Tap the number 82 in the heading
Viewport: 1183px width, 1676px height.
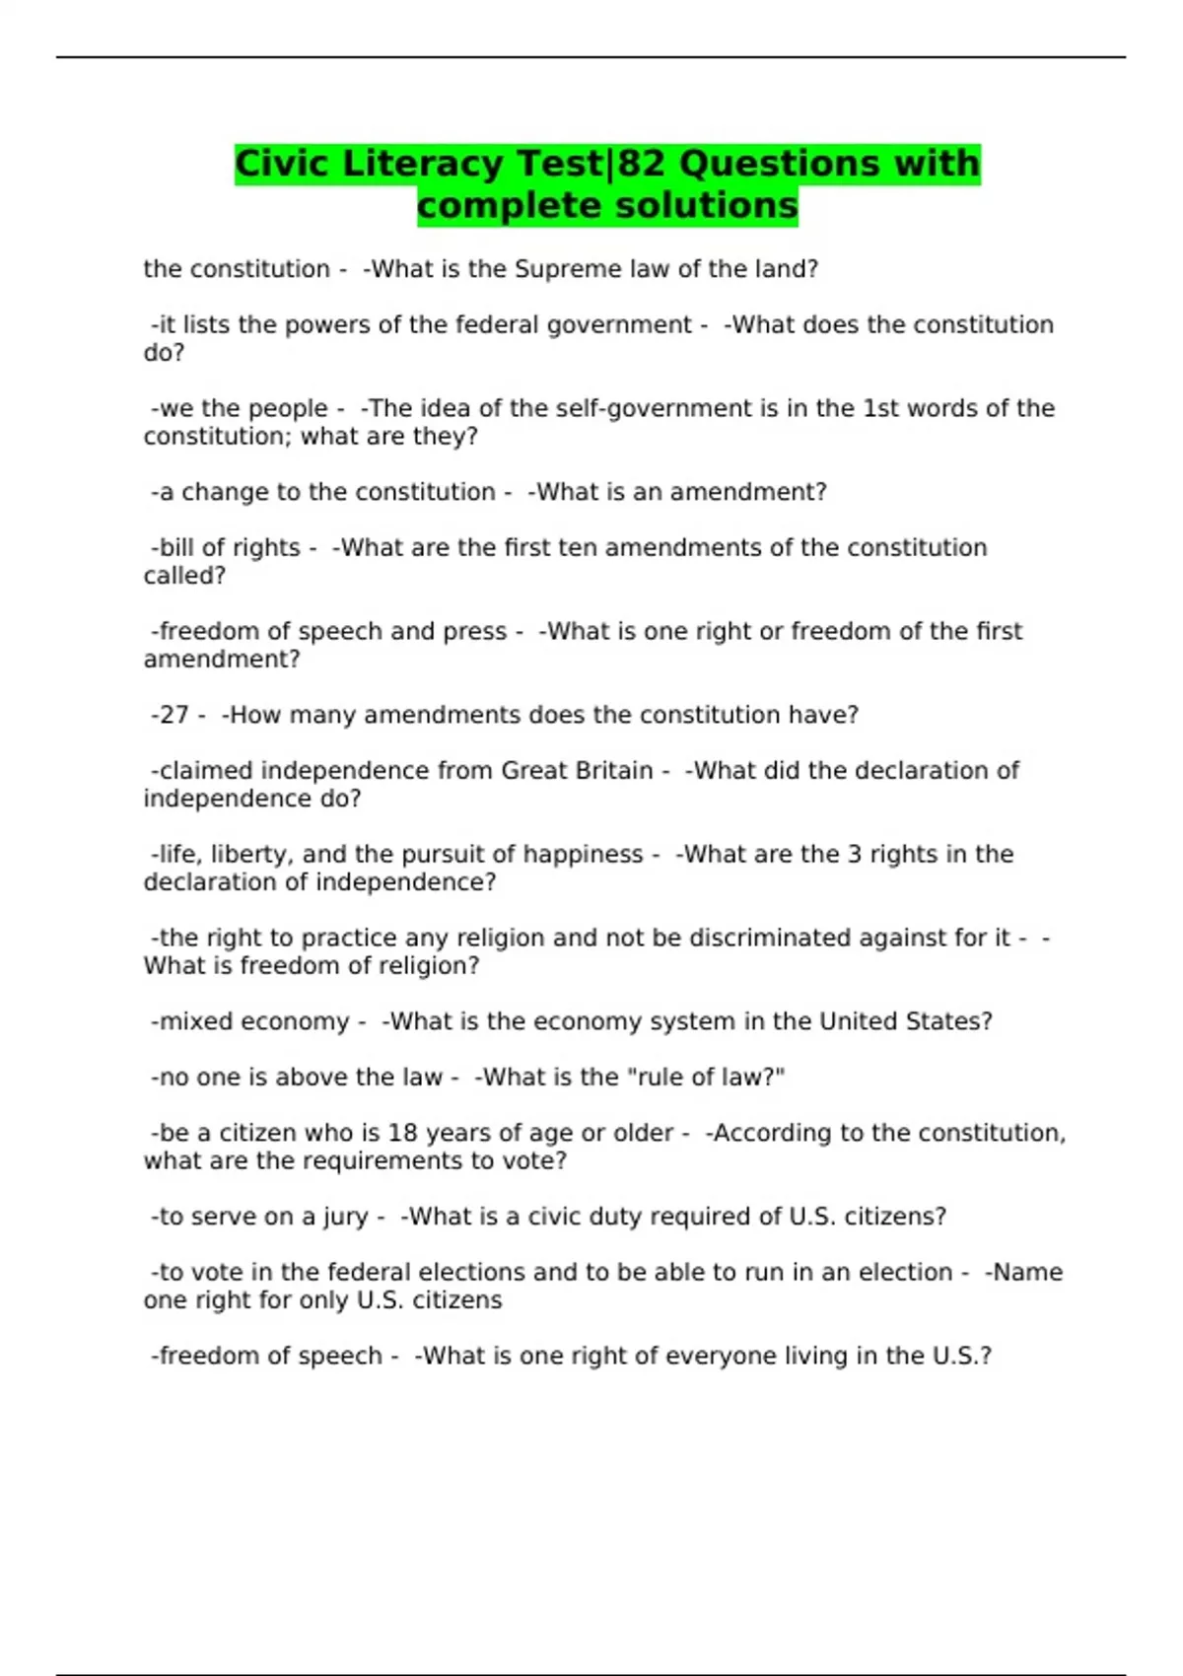point(642,164)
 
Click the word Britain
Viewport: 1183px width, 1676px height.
point(614,771)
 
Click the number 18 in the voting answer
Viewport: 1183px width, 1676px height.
point(402,1134)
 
